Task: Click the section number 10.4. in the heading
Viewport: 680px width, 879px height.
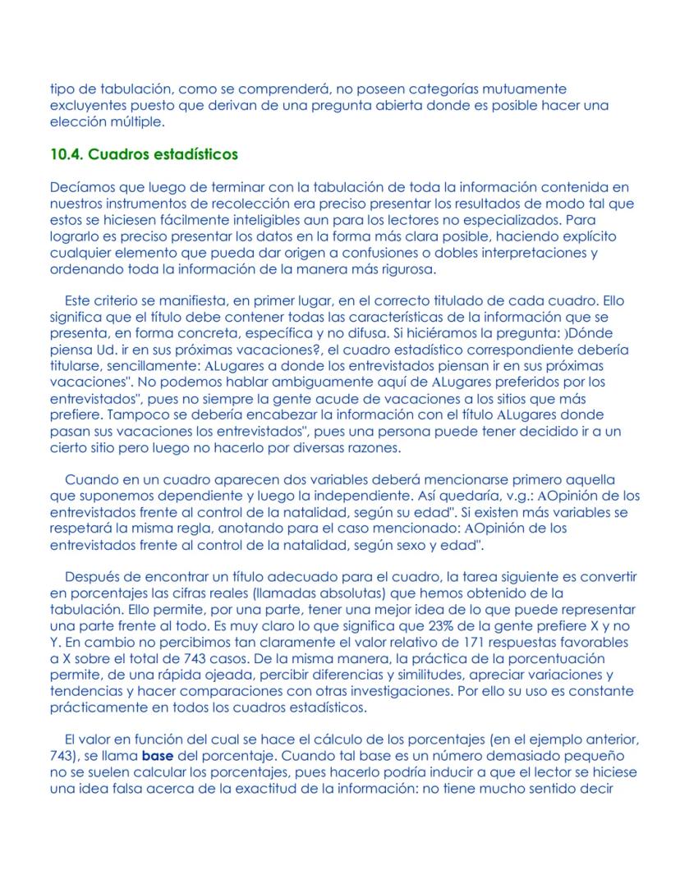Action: [67, 153]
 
